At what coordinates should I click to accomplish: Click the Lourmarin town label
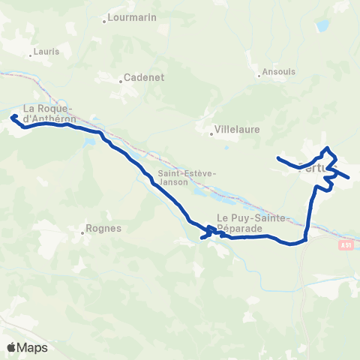[132, 17]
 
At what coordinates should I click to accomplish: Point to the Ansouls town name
[280, 73]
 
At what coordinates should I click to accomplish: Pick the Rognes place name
[104, 229]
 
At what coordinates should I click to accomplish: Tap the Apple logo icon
[12, 347]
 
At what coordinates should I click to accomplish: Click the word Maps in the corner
[32, 347]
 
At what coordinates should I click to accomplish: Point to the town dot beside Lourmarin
[105, 17]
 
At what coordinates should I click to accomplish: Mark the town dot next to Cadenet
[120, 76]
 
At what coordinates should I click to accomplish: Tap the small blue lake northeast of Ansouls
[322, 26]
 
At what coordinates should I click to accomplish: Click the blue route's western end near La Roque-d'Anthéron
[13, 116]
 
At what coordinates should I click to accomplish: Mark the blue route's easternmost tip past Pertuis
[349, 178]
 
